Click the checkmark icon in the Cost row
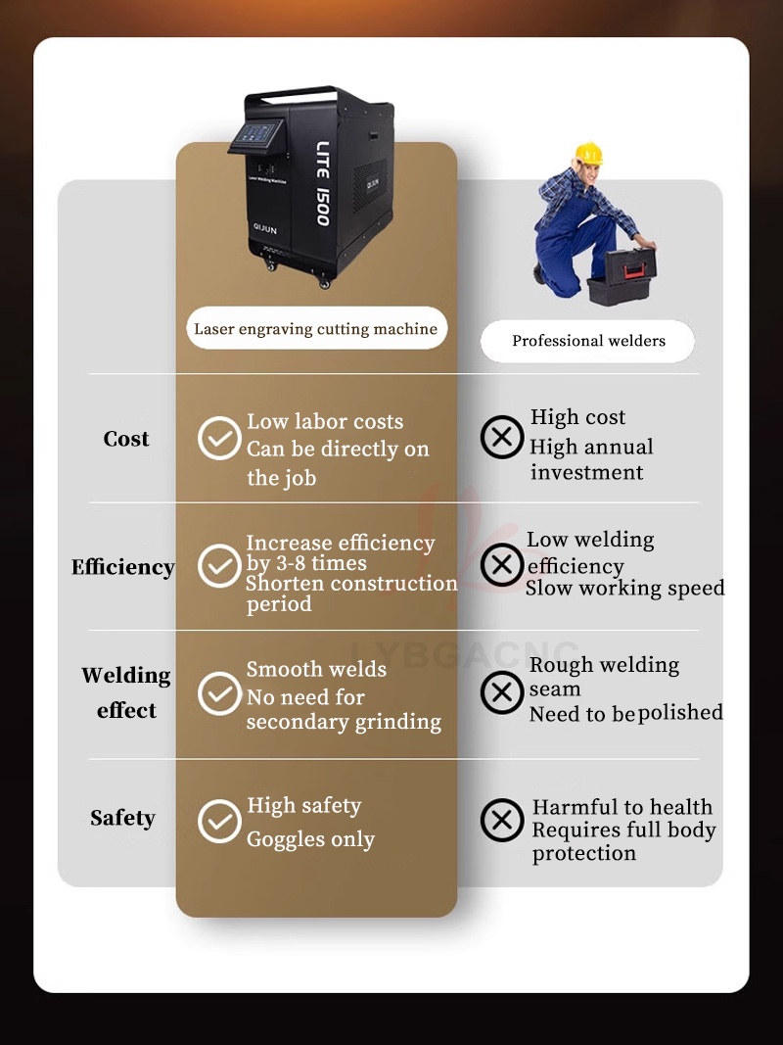tap(219, 438)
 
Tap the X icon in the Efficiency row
tap(502, 565)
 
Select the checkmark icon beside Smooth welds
tap(219, 693)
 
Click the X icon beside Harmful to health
tap(502, 820)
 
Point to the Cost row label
tap(126, 439)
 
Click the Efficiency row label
tap(122, 567)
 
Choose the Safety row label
tap(122, 818)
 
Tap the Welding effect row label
tap(126, 692)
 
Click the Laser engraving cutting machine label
tap(315, 329)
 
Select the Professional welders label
tap(588, 341)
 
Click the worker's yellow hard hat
tap(588, 153)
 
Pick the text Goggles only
tap(310, 839)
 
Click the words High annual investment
tap(591, 459)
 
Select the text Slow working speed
tap(624, 589)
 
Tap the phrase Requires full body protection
tap(623, 841)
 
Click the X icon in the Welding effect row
tap(502, 692)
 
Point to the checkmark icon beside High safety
tap(219, 821)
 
